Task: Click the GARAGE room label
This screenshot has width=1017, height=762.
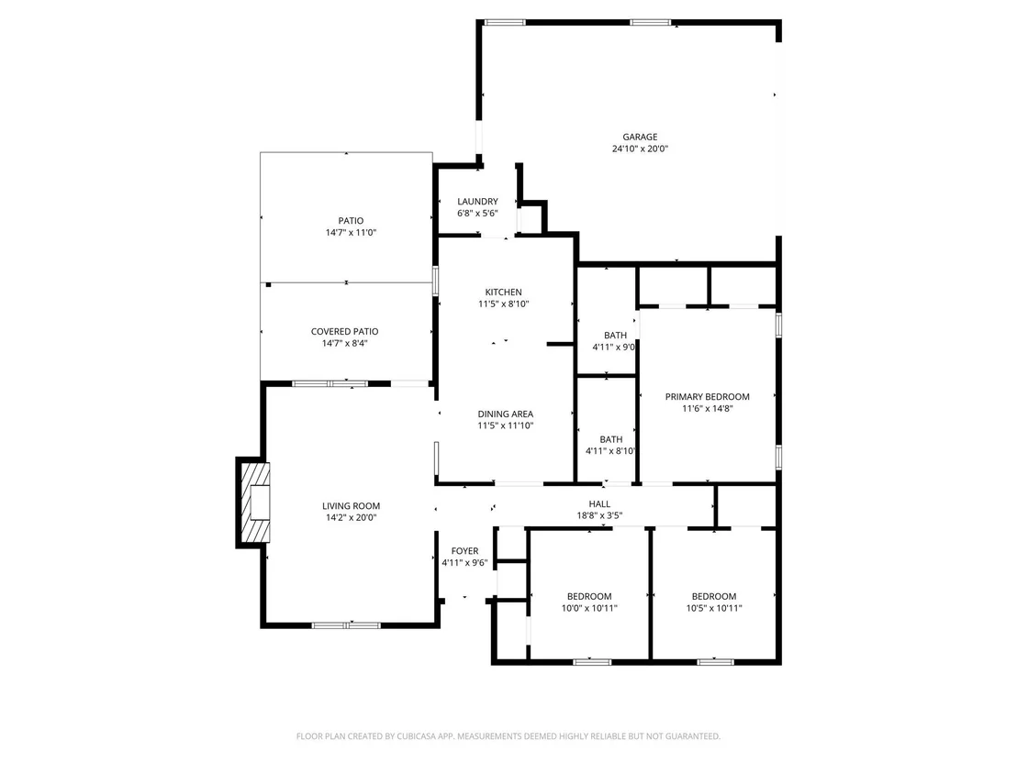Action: click(x=640, y=137)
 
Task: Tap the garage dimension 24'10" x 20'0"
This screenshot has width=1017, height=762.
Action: click(x=640, y=149)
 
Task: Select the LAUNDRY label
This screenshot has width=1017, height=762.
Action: click(x=477, y=202)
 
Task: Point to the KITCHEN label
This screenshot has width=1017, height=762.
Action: click(x=503, y=293)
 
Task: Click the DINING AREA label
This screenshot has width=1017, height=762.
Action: click(x=505, y=414)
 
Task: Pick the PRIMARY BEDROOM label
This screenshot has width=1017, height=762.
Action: click(x=707, y=396)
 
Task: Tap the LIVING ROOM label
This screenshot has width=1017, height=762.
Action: click(x=351, y=506)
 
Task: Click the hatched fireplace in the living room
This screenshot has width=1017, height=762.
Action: click(x=255, y=502)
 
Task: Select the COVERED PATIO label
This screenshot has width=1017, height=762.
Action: click(x=344, y=332)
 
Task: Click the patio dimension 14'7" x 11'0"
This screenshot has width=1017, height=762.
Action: click(x=351, y=233)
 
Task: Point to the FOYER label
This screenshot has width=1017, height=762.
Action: click(x=464, y=551)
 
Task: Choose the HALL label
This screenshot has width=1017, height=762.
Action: click(x=599, y=504)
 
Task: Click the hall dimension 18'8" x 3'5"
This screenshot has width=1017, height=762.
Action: click(x=599, y=515)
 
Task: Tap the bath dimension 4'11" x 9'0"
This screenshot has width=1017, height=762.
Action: click(x=613, y=348)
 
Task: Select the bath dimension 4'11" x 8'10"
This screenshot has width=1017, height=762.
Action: click(x=610, y=451)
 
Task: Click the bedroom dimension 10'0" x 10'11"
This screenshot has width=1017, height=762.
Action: click(x=589, y=609)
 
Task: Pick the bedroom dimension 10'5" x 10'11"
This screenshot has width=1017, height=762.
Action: click(x=713, y=609)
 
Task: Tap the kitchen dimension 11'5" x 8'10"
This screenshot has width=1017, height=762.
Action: click(x=503, y=304)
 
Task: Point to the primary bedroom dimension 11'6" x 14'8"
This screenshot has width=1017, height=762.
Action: click(x=707, y=408)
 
